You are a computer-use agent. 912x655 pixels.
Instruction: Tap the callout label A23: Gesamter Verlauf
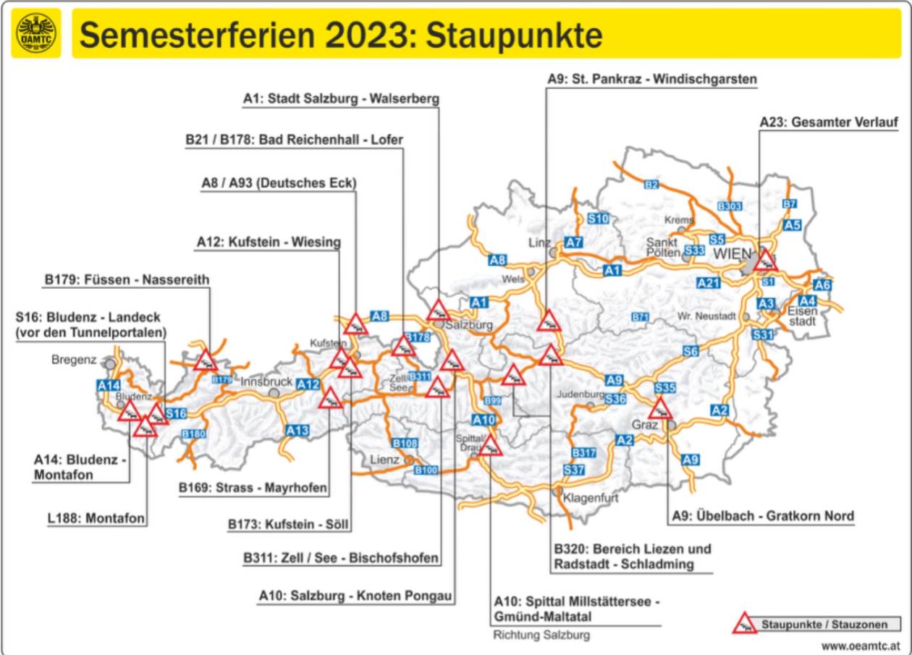point(828,123)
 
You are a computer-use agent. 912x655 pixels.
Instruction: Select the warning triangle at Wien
point(765,261)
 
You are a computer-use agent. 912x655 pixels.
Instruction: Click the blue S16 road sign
point(176,413)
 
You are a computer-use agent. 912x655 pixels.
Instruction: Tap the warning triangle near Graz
point(660,410)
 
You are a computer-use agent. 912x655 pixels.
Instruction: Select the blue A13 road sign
point(297,431)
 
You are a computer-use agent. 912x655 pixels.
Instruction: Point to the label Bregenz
point(74,360)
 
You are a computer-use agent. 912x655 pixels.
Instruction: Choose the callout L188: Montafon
point(90,518)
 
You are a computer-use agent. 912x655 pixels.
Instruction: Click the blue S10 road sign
point(598,219)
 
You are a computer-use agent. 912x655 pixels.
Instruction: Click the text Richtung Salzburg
point(541,635)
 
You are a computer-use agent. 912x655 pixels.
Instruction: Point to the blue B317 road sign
point(583,452)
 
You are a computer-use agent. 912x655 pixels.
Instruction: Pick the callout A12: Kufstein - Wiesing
point(268,242)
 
